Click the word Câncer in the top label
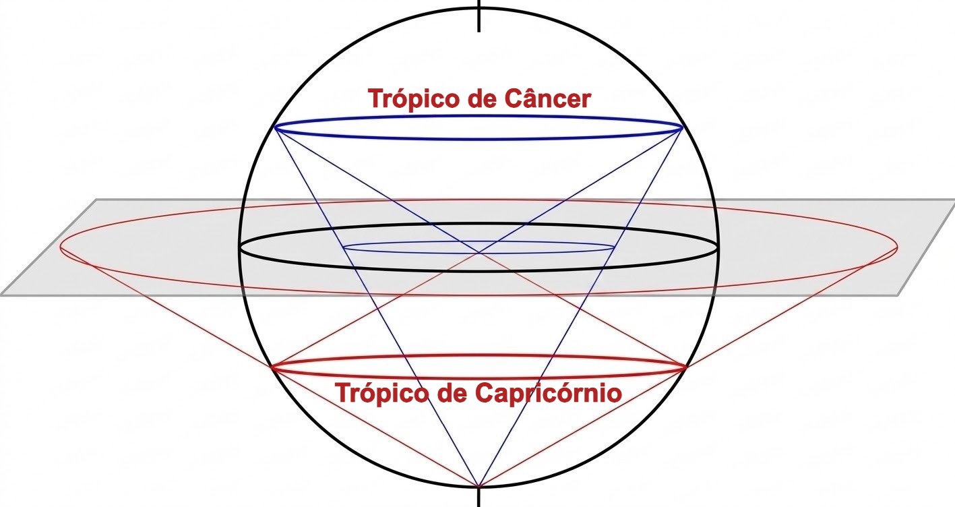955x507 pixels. pos(548,98)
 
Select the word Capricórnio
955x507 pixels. pos(549,393)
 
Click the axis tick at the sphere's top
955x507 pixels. pos(479,16)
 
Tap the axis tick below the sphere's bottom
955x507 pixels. pos(479,497)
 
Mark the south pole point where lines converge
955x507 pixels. pos(479,486)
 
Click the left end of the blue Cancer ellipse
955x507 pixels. pos(274,127)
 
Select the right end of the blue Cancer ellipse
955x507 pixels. pos(683,127)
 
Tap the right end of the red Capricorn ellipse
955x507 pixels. pos(686,366)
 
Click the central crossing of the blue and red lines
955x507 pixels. pos(479,253)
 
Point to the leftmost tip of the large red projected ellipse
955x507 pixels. pos(60,247)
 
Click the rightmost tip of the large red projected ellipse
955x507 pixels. pos(898,247)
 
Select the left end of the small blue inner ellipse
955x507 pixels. pos(343,247)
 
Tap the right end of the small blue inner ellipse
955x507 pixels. pos(615,247)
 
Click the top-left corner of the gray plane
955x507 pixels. pos(97,199)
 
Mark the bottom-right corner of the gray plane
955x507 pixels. pos(898,295)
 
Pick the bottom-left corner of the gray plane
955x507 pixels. pos(1,295)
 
